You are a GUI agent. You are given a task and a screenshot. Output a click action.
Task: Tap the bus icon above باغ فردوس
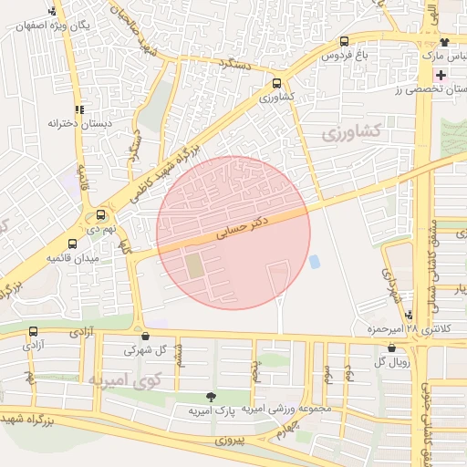(344, 42)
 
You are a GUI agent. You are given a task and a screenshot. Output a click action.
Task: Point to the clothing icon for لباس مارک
(444, 42)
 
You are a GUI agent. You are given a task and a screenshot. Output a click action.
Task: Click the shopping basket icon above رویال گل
(392, 348)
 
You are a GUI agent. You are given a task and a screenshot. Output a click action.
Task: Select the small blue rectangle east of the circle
(315, 262)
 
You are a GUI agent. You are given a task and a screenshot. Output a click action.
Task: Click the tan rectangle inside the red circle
(195, 266)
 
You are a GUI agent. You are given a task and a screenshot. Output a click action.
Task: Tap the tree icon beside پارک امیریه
(212, 397)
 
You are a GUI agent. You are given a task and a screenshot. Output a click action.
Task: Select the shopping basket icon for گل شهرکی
(145, 335)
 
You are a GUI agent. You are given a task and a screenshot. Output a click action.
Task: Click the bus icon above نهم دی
(100, 215)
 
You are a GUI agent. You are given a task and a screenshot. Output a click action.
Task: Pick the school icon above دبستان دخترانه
(80, 107)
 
